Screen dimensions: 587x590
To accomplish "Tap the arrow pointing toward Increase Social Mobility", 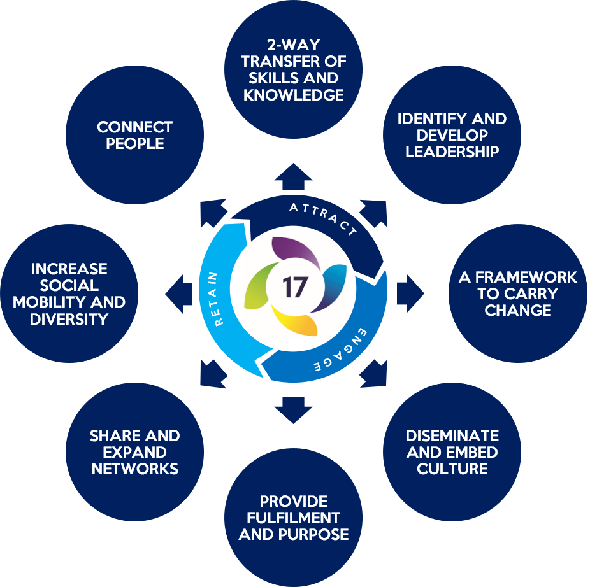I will pos(179,294).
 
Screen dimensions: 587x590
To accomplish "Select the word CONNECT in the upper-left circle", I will pos(134,127).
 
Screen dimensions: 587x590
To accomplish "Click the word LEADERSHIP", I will pos(452,152).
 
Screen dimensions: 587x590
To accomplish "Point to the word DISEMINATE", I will pos(452,436).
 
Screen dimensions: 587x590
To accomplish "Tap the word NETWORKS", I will pos(134,469).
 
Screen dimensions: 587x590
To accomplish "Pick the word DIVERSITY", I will pos(69,318).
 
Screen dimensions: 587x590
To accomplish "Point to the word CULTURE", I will pos(452,469).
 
